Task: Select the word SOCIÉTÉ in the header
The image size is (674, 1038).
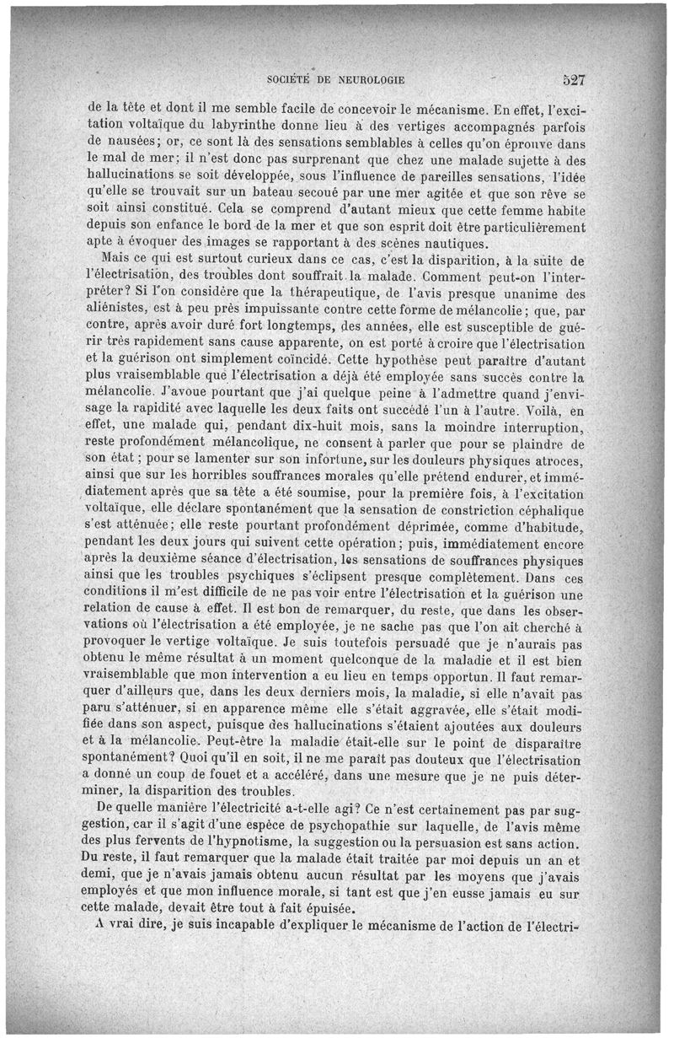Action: [x=290, y=81]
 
